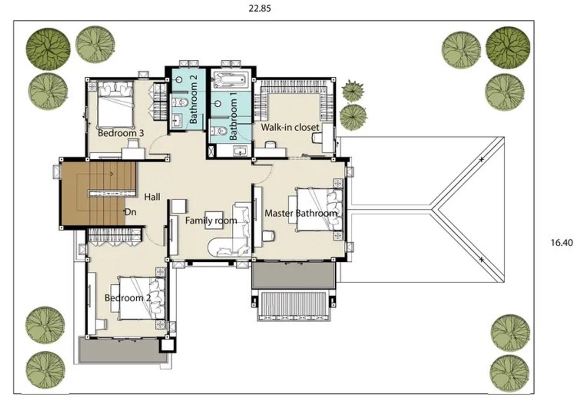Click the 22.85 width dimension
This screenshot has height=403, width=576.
pyautogui.click(x=260, y=9)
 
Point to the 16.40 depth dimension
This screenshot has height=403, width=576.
pyautogui.click(x=562, y=242)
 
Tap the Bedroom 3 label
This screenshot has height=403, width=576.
pyautogui.click(x=121, y=133)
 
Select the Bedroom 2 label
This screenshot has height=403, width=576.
pyautogui.click(x=127, y=298)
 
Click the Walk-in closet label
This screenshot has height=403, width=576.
pyautogui.click(x=290, y=127)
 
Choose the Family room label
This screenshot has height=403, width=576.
pyautogui.click(x=211, y=220)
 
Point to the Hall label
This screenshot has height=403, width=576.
pyautogui.click(x=152, y=197)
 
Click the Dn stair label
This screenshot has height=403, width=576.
pyautogui.click(x=130, y=212)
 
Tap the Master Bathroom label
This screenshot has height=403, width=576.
pyautogui.click(x=301, y=213)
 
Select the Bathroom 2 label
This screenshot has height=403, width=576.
pyautogui.click(x=193, y=99)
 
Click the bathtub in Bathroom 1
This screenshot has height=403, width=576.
pyautogui.click(x=230, y=80)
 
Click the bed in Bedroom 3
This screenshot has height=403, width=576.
pyautogui.click(x=115, y=105)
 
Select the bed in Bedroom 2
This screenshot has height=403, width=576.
pyautogui.click(x=141, y=298)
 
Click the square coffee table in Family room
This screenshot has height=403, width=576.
pyautogui.click(x=214, y=220)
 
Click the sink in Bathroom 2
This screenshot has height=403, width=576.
pyautogui.click(x=177, y=121)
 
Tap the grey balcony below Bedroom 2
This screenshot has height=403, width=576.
pyautogui.click(x=122, y=350)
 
